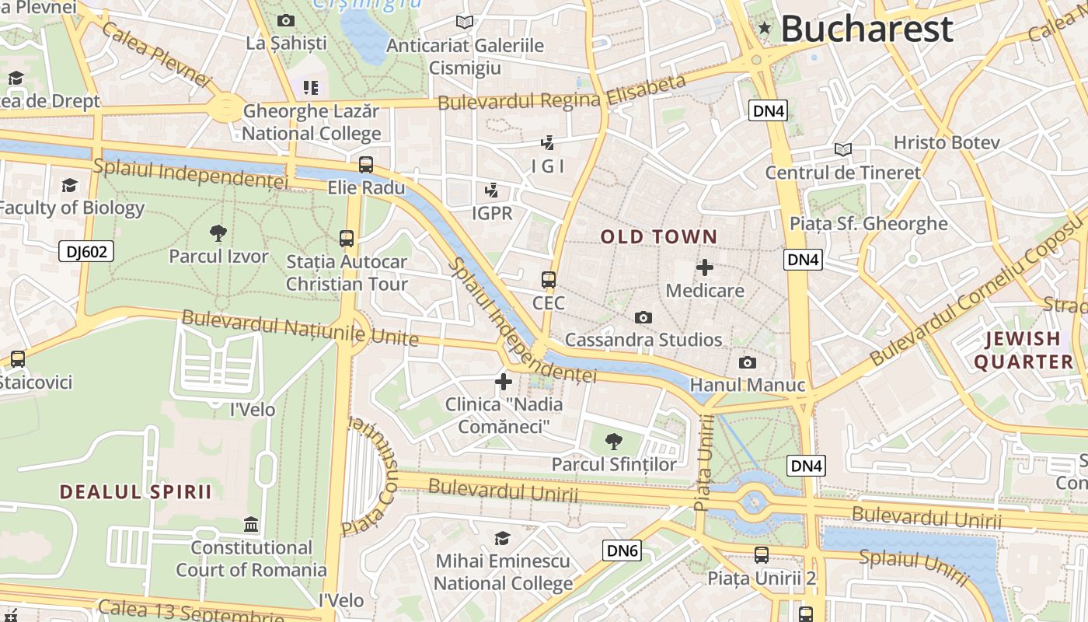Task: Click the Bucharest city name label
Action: click(867, 30)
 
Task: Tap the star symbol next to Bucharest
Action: click(765, 29)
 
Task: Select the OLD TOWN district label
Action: click(659, 236)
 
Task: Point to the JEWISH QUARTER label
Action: click(1023, 350)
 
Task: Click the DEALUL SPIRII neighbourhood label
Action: click(136, 491)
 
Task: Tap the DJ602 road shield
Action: click(86, 251)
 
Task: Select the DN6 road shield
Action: click(622, 551)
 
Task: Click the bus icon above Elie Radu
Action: click(366, 165)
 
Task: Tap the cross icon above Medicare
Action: click(705, 267)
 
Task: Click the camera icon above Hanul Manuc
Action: click(748, 363)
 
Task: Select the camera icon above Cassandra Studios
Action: click(643, 317)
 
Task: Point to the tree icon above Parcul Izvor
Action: click(218, 232)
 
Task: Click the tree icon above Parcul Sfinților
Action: click(614, 442)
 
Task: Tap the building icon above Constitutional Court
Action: click(251, 524)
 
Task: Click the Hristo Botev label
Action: click(946, 143)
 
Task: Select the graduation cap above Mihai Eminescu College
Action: click(503, 538)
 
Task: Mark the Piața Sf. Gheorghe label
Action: click(868, 224)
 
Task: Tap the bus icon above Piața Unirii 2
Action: click(762, 555)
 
